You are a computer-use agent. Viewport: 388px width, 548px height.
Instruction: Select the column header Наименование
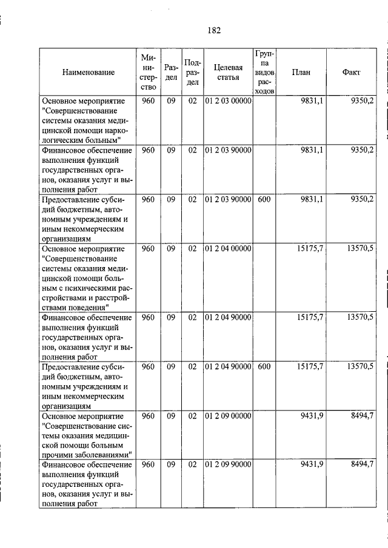coord(87,72)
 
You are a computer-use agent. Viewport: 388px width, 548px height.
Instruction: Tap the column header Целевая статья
coord(228,72)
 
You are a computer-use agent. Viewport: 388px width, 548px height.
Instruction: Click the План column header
coord(301,72)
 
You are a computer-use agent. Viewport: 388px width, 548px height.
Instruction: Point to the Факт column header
coord(351,72)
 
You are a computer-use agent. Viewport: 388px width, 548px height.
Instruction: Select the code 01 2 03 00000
coord(228,101)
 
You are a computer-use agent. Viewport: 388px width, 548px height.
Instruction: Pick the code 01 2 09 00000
coord(228,417)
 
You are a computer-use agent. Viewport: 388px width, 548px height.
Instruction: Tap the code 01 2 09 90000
coord(228,465)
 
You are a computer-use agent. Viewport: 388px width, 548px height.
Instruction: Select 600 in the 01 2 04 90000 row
coord(264,367)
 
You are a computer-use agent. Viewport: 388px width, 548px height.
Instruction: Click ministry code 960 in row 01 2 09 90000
coord(148,465)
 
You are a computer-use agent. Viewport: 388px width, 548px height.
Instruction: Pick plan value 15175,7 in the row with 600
coord(310,367)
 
